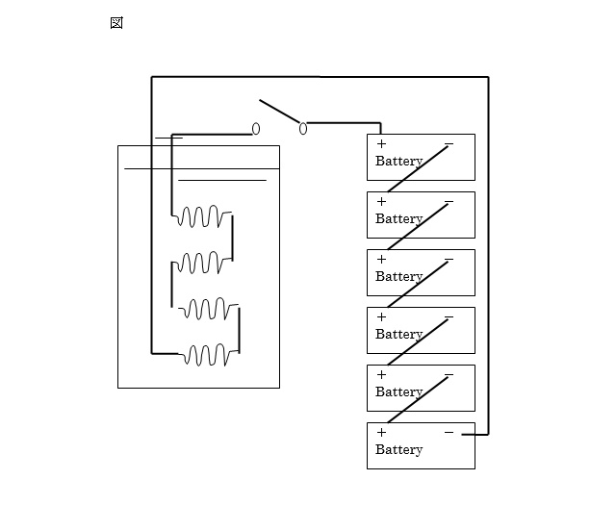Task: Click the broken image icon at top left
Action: point(116,23)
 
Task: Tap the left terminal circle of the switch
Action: point(256,129)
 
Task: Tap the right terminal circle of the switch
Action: point(303,128)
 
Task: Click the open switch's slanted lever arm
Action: point(279,112)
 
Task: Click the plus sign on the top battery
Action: point(381,143)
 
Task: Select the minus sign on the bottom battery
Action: point(449,432)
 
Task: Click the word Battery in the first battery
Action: point(398,161)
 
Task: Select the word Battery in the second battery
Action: point(398,218)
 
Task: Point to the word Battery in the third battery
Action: point(398,276)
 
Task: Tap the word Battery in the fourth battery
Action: point(398,334)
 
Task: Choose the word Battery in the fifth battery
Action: point(398,391)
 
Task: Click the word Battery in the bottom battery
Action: point(398,449)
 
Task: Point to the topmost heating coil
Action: point(203,216)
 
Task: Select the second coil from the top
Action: point(203,263)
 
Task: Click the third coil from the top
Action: point(209,309)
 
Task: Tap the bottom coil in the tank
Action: point(209,355)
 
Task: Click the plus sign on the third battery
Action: point(381,259)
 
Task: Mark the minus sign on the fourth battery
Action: point(449,316)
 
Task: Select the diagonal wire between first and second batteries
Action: point(418,169)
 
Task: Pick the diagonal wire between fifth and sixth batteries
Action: point(418,400)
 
